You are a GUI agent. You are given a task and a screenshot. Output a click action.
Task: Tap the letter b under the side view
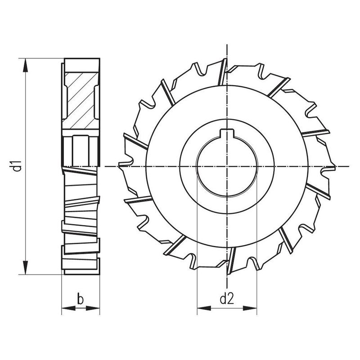tap(80, 298)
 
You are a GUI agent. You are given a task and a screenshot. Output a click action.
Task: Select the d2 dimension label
tap(227, 298)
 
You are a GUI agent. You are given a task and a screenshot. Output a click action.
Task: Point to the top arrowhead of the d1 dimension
tap(26, 63)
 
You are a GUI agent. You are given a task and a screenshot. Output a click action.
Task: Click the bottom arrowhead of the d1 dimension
tap(26, 269)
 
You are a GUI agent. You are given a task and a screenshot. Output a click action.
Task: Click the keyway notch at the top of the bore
tap(227, 133)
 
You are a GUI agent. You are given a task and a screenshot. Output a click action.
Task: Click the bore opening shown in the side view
tap(80, 148)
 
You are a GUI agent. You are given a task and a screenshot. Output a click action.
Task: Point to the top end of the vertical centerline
tap(227, 46)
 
